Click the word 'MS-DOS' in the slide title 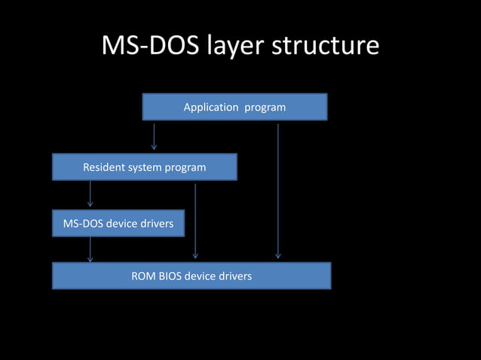[142, 47]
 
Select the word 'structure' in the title [325, 47]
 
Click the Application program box [234, 107]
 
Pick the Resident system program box [144, 167]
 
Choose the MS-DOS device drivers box [118, 224]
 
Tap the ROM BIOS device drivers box [191, 276]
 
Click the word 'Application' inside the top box [210, 108]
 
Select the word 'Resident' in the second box [103, 167]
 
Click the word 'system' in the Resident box [146, 168]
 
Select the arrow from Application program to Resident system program [155, 136]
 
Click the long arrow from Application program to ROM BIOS [278, 191]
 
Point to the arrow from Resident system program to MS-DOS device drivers [90, 194]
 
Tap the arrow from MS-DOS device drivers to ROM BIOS [90, 249]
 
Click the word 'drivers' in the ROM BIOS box [235, 276]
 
